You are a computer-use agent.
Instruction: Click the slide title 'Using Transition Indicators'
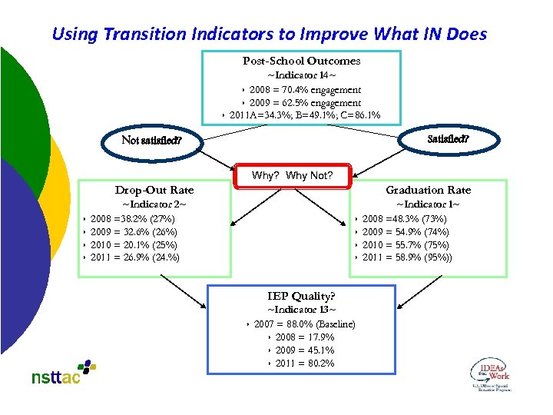click(x=269, y=34)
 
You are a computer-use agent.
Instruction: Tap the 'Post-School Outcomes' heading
click(x=301, y=61)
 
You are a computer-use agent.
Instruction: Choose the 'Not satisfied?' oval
click(x=151, y=141)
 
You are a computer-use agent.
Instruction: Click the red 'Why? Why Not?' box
click(x=293, y=175)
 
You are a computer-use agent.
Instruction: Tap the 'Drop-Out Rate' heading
click(x=154, y=190)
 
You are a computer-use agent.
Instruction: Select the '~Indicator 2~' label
click(x=154, y=204)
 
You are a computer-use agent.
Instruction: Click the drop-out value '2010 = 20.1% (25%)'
click(x=133, y=244)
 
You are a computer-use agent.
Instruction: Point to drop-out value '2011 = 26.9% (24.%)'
click(x=134, y=257)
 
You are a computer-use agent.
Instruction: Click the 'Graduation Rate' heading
click(x=428, y=190)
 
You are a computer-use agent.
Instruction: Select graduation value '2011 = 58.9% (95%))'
click(x=407, y=257)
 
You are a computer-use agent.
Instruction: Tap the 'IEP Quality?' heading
click(x=301, y=296)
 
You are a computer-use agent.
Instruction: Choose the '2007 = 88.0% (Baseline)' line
click(x=305, y=324)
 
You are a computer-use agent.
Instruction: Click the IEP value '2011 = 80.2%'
click(x=305, y=363)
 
